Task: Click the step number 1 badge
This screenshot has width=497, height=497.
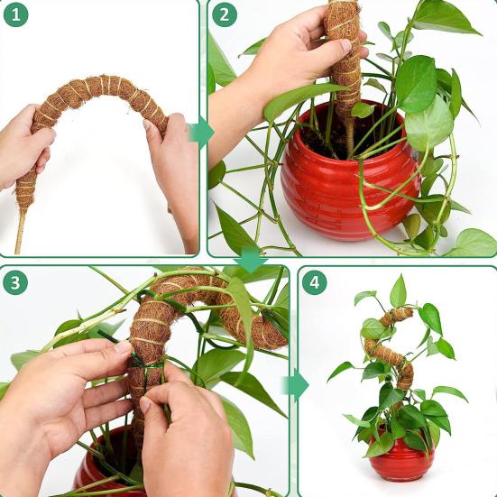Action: pos(15,15)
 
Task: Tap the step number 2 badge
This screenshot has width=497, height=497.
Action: pos(225,15)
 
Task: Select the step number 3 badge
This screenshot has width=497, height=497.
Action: pos(15,282)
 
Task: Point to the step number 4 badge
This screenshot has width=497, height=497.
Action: pos(315,282)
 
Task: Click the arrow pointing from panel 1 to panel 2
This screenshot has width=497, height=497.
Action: pos(201,133)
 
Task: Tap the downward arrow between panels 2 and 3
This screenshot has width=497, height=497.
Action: pos(251,259)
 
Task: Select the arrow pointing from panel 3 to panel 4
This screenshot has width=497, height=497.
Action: pos(296,385)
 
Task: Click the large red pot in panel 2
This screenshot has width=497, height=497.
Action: pos(350,178)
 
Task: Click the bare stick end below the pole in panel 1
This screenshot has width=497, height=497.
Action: pos(20,233)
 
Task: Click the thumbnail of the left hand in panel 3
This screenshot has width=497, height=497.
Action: pos(123,347)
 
